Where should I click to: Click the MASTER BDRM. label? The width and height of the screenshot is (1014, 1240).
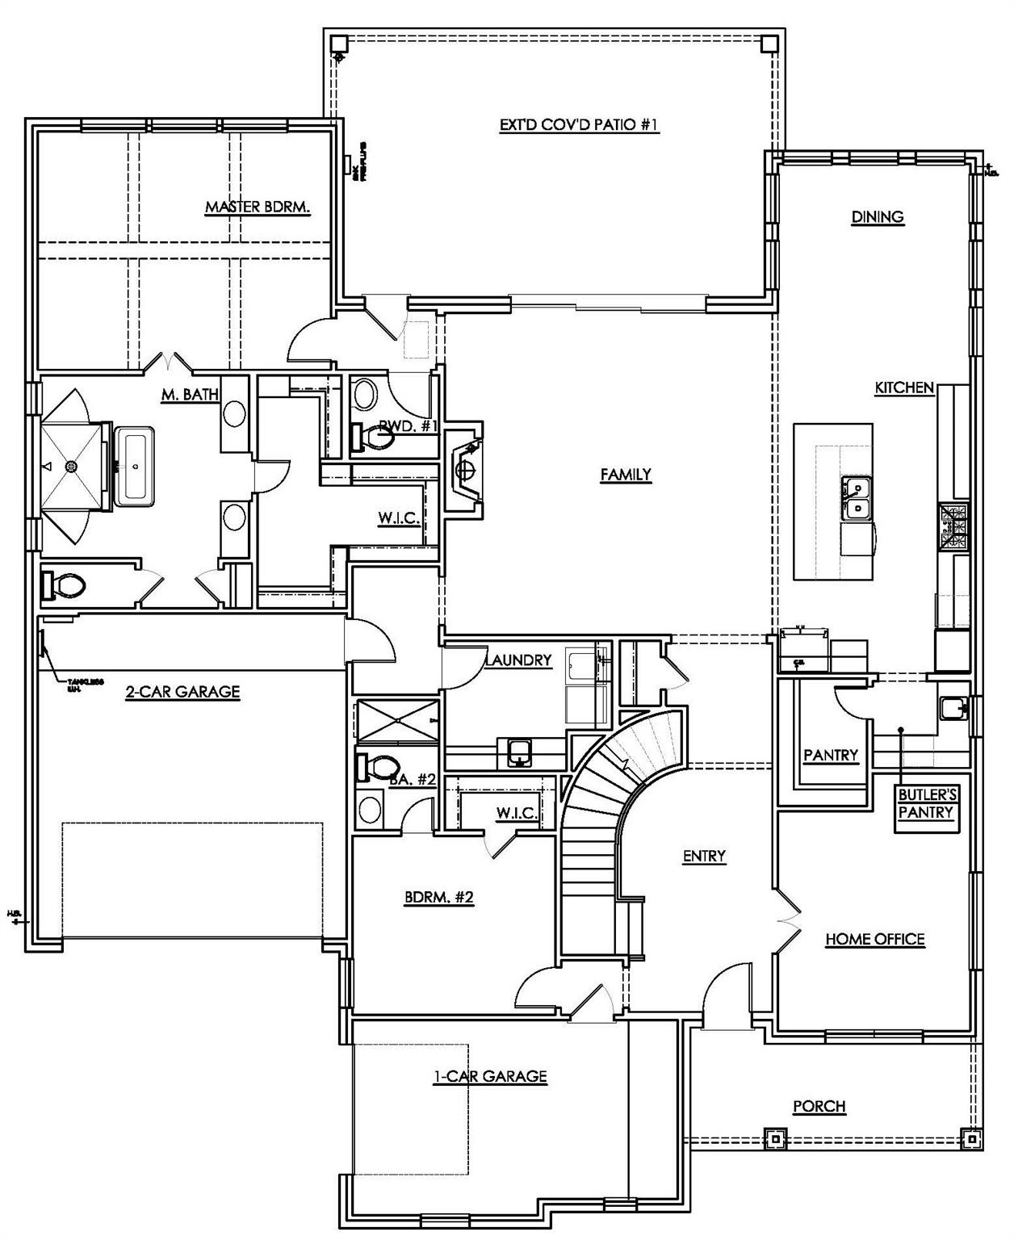point(258,207)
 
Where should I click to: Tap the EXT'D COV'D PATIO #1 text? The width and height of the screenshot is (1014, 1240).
point(580,125)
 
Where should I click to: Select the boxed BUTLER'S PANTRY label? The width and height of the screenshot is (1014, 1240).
point(927,805)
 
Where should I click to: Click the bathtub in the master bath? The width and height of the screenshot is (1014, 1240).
point(134,467)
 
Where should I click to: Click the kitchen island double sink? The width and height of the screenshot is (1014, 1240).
point(857,498)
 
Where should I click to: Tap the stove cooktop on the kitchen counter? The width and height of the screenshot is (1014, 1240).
point(952,526)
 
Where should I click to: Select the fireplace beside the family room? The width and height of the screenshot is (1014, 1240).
point(464,471)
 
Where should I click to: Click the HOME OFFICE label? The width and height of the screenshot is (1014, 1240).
point(874,940)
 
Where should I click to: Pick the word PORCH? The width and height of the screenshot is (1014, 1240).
point(819,1107)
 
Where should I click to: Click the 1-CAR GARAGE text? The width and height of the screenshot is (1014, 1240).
point(490,1077)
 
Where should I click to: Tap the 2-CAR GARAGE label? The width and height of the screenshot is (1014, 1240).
point(182,692)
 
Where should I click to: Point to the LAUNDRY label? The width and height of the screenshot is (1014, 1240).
point(519,660)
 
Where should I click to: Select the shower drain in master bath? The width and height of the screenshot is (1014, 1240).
point(71,467)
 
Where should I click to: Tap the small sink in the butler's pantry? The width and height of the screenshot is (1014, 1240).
point(953,707)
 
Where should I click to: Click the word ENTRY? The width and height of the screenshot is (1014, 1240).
point(704,857)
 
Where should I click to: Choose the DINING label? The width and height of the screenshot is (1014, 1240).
point(878,217)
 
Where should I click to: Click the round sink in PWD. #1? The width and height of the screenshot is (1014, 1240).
point(366,396)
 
